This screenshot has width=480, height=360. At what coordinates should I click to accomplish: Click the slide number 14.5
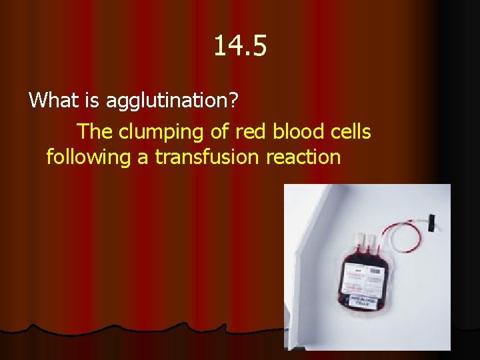240,47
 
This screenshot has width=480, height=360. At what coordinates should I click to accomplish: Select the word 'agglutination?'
183,101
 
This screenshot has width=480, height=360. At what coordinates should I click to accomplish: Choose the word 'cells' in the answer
350,132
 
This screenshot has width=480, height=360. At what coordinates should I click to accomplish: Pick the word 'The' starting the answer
95,132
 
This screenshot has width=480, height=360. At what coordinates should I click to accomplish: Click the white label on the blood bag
363,280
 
